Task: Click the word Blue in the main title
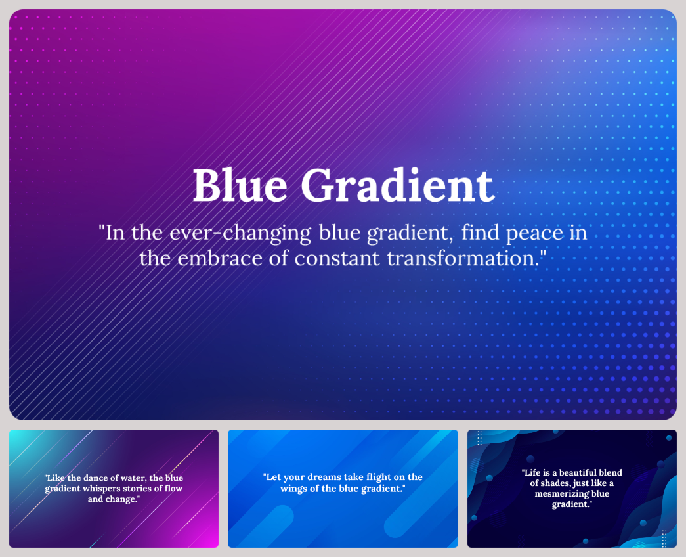click(x=240, y=185)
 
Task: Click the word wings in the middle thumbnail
click(x=294, y=489)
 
